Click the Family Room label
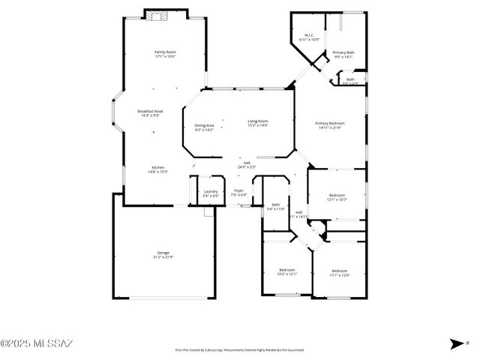pyautogui.click(x=165, y=53)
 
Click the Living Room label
pyautogui.click(x=258, y=123)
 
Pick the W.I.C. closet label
pyautogui.click(x=308, y=37)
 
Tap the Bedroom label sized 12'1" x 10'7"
pyautogui.click(x=337, y=197)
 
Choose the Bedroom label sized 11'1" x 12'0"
pyautogui.click(x=339, y=272)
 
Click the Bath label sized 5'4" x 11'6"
pyautogui.click(x=276, y=207)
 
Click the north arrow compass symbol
pyautogui.click(x=456, y=343)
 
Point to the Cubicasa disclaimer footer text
pyautogui.click(x=239, y=349)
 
